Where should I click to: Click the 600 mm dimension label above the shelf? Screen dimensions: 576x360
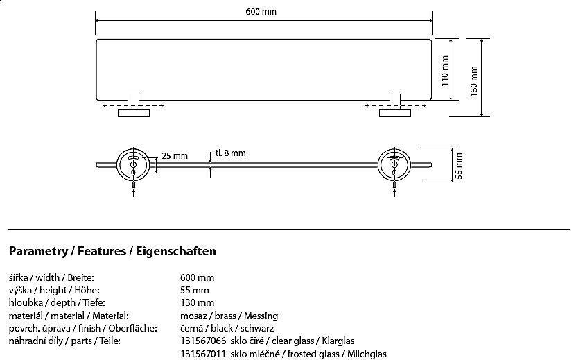(261, 11)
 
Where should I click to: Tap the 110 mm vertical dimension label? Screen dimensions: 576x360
(445, 71)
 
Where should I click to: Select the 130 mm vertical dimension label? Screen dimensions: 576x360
(474, 81)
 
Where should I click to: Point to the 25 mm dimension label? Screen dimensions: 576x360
(175, 156)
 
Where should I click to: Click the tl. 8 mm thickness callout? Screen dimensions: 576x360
(230, 153)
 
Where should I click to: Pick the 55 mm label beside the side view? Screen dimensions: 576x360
(459, 166)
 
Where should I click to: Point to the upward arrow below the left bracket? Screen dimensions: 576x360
(133, 193)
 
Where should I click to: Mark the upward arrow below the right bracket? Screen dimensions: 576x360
(394, 193)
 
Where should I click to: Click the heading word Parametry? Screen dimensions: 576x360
(39, 252)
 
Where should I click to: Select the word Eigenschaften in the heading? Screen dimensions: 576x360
(176, 252)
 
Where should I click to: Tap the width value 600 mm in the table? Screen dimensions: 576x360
(198, 277)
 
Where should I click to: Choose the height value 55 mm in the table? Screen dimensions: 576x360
(195, 290)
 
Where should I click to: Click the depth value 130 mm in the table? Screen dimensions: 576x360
(198, 302)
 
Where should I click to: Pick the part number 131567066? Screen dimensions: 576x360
(203, 341)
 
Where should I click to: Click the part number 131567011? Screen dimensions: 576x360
(203, 354)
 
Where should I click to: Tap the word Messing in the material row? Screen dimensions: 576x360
(261, 316)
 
